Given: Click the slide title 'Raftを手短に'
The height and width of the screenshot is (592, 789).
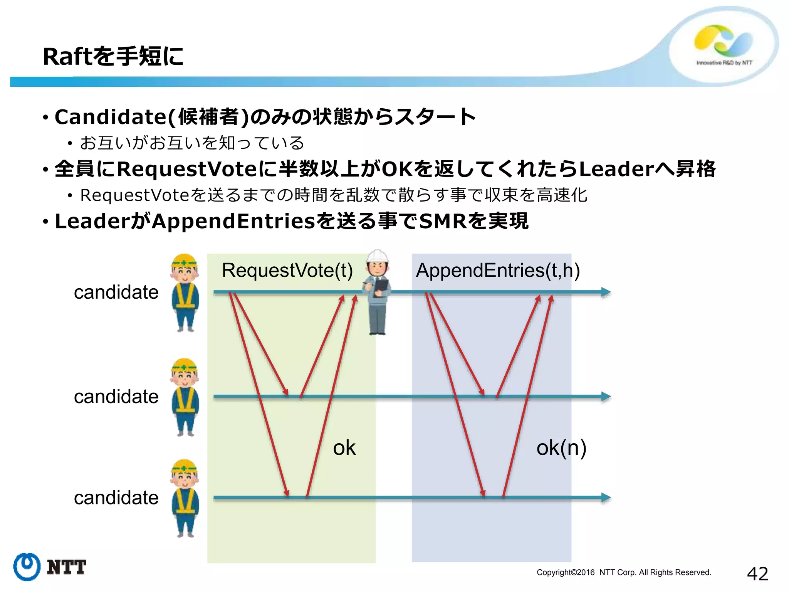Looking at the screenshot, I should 113,56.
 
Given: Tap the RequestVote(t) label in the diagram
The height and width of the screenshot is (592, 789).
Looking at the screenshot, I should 287,270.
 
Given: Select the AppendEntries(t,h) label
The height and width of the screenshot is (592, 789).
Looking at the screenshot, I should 497,270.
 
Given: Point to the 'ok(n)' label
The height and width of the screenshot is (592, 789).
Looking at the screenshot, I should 561,448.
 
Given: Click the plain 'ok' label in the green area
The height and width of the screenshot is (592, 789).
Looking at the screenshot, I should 344,448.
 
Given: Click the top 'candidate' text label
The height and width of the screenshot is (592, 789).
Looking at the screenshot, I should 116,292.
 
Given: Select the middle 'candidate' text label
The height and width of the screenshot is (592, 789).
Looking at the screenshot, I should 116,397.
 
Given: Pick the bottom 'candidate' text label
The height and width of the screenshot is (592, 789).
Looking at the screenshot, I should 116,498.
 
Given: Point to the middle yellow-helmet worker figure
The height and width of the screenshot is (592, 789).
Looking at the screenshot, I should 185,397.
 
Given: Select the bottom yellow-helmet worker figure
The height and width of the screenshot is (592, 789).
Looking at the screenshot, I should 185,498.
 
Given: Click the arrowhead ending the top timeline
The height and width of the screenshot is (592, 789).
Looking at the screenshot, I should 606,292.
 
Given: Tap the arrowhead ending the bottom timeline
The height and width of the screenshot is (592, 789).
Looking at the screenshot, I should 606,498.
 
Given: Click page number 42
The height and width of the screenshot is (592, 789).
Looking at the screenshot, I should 757,574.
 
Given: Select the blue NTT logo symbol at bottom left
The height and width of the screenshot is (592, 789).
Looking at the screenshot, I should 27,567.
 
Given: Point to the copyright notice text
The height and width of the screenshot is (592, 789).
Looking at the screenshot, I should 624,572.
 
